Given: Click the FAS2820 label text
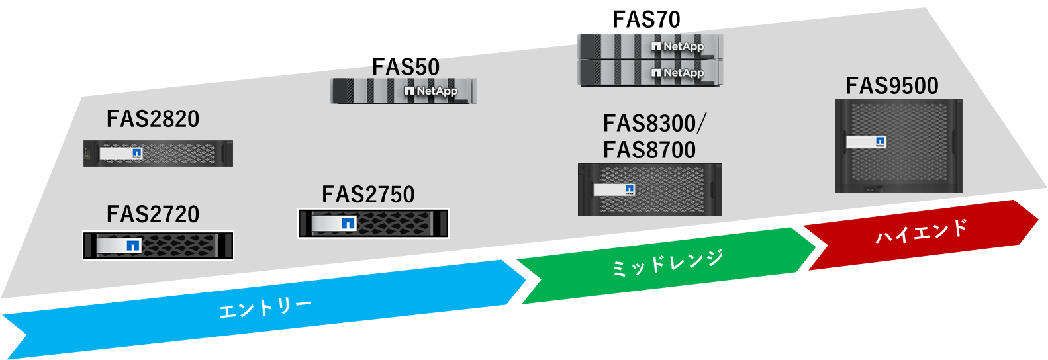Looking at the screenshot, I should coord(153,119).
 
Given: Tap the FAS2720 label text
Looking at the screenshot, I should coord(153,214).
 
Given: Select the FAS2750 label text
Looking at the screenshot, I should coord(368,195).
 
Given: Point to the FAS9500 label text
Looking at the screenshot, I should coord(892,86).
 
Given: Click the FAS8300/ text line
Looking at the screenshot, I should coord(654,124).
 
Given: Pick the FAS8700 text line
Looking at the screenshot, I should coord(649,150).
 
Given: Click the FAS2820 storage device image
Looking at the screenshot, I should coord(158,154).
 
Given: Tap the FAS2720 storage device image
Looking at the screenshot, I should coord(158,246).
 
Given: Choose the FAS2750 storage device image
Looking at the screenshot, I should coord(373,223).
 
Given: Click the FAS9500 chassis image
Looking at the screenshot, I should coord(898,146).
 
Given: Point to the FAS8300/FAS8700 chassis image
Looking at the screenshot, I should coord(649,190).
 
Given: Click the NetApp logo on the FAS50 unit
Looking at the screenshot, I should coord(431,91).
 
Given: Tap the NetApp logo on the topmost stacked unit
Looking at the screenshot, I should coord(677,46).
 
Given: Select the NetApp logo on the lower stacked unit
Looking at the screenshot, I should coord(677,73).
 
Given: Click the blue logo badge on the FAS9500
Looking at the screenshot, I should coord(881,142).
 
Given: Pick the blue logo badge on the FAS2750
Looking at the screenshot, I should coord(348,224).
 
